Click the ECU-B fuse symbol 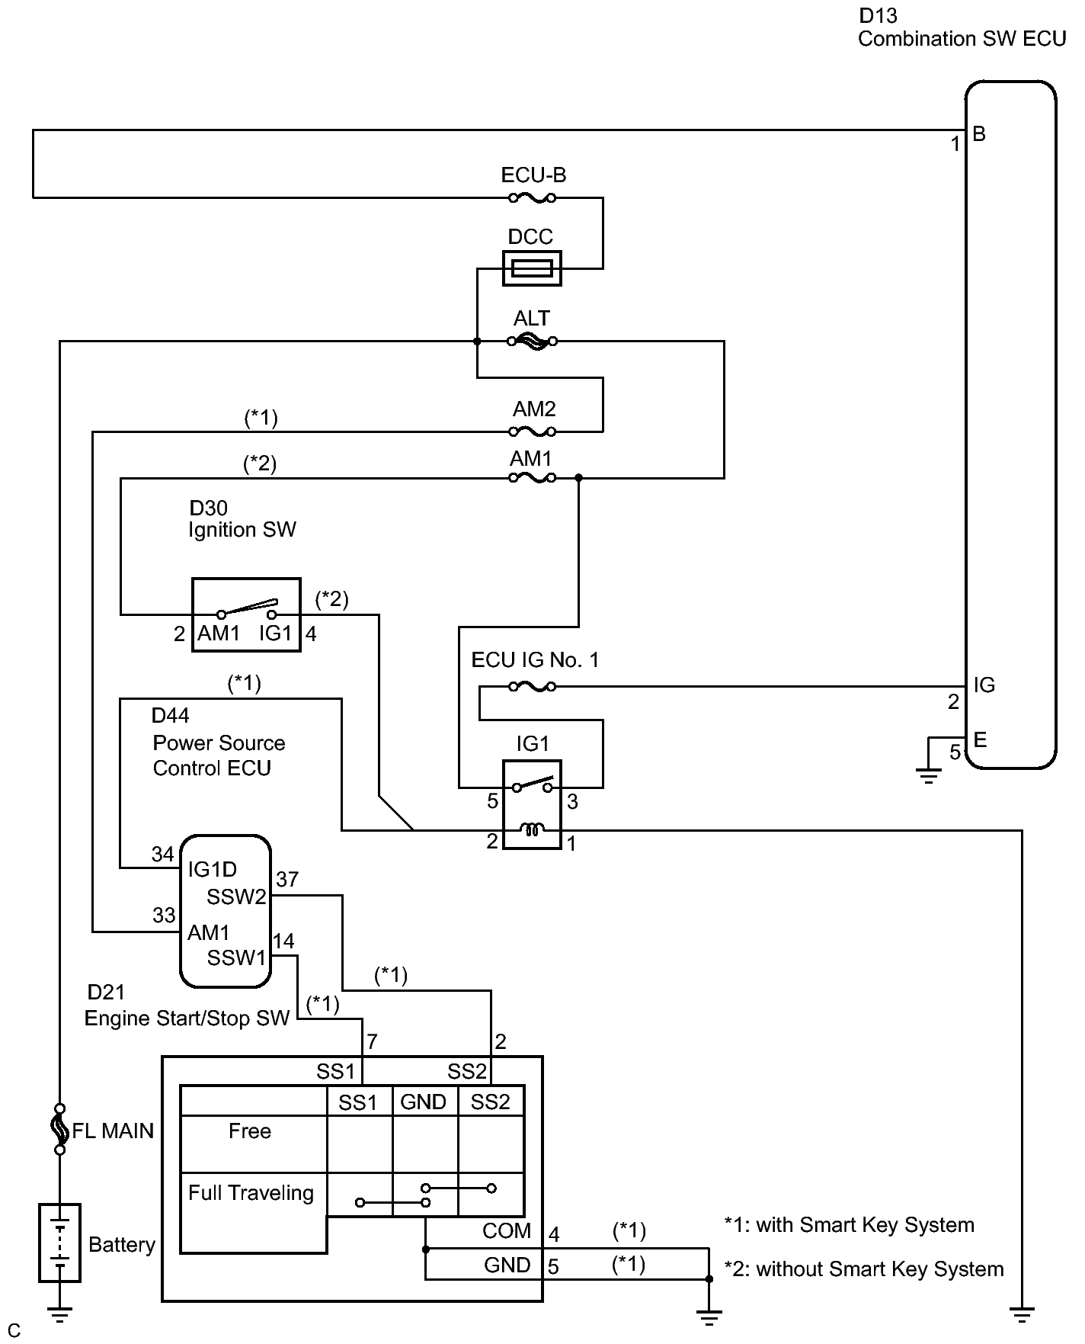(532, 198)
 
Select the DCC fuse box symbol (532, 268)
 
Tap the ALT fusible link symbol (532, 342)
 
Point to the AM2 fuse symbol (532, 432)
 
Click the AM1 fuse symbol (532, 478)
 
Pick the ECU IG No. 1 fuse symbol (532, 687)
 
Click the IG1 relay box (532, 804)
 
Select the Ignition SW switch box (245, 614)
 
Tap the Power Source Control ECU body (226, 911)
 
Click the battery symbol (59, 1243)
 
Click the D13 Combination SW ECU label (962, 28)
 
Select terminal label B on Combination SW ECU (979, 135)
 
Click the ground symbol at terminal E (928, 776)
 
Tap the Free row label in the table (250, 1131)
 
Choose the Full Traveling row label (251, 1193)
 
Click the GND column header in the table (424, 1102)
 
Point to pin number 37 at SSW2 (287, 880)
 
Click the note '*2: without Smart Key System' (863, 1269)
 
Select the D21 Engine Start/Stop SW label (187, 1006)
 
